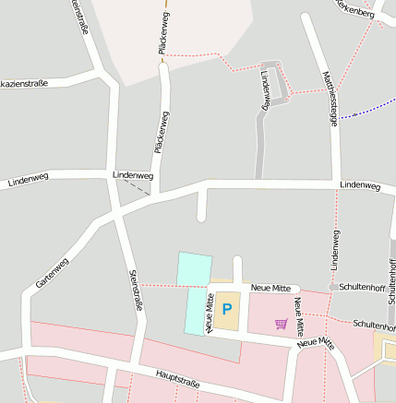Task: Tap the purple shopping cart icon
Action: [281, 324]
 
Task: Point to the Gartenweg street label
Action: [53, 273]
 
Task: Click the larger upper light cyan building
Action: [194, 268]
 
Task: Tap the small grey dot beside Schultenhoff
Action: [334, 288]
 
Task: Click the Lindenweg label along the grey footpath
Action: [265, 90]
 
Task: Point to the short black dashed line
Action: [137, 188]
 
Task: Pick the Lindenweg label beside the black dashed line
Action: [132, 174]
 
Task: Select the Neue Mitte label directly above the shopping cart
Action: [270, 289]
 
